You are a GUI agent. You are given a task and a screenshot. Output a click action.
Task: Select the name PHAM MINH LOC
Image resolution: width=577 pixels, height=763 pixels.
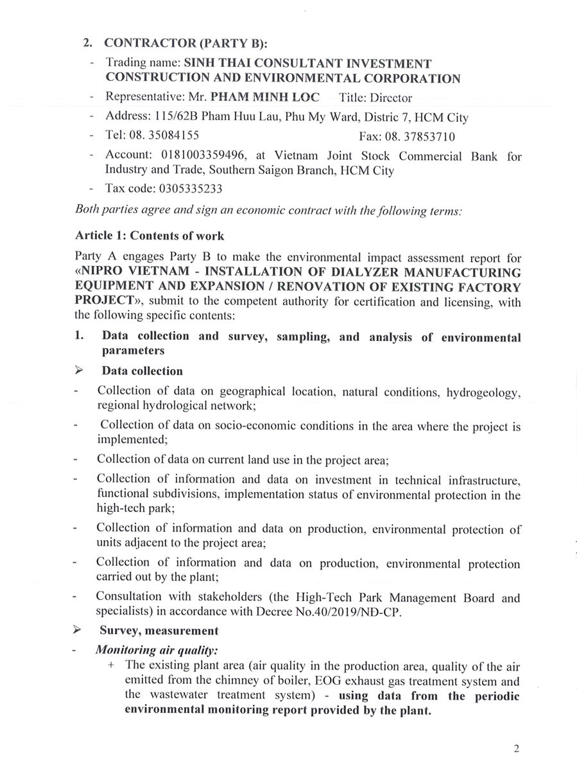tap(264, 98)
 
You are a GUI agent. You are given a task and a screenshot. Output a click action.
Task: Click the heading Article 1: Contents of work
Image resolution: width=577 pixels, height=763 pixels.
tap(150, 235)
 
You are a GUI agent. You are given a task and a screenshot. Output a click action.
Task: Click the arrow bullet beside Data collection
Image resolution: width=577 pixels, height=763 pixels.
tap(80, 371)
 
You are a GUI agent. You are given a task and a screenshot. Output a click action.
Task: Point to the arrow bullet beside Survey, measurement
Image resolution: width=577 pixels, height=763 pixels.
tap(80, 630)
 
